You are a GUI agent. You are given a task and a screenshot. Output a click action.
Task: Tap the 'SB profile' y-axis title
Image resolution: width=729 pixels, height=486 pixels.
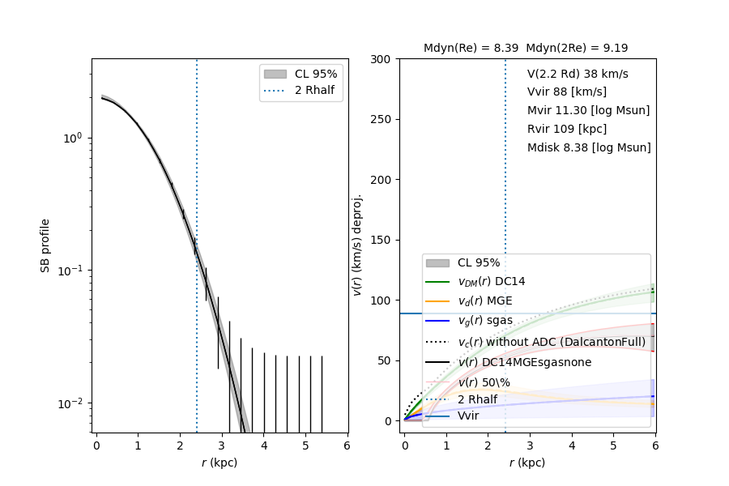(x=46, y=245)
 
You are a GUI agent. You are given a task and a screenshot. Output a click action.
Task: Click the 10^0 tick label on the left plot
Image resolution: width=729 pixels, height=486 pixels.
(x=73, y=138)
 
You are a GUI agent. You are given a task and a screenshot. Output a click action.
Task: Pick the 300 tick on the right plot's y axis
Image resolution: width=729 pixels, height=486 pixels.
(x=383, y=59)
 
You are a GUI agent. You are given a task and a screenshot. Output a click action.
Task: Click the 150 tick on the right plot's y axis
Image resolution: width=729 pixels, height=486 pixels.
(x=383, y=240)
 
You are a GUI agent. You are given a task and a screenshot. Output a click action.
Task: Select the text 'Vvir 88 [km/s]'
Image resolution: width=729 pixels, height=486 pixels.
(x=566, y=92)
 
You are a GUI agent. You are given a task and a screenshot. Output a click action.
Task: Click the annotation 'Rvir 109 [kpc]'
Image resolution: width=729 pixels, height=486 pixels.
(x=566, y=129)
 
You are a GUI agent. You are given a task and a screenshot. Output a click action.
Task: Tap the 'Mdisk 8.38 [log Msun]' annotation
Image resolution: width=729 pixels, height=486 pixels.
(x=589, y=147)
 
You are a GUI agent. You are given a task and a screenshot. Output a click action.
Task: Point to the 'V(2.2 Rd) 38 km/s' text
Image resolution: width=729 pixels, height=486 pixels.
(x=578, y=74)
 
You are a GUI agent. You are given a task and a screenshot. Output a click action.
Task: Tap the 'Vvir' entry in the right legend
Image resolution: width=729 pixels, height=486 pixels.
(x=468, y=416)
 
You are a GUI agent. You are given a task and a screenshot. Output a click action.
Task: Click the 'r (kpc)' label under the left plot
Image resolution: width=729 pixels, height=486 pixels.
(x=220, y=463)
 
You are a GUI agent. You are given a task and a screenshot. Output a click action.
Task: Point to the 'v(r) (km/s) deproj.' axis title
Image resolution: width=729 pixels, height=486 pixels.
(x=356, y=245)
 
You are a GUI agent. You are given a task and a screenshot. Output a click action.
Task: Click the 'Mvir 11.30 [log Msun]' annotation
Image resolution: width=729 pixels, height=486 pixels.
(x=588, y=111)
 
